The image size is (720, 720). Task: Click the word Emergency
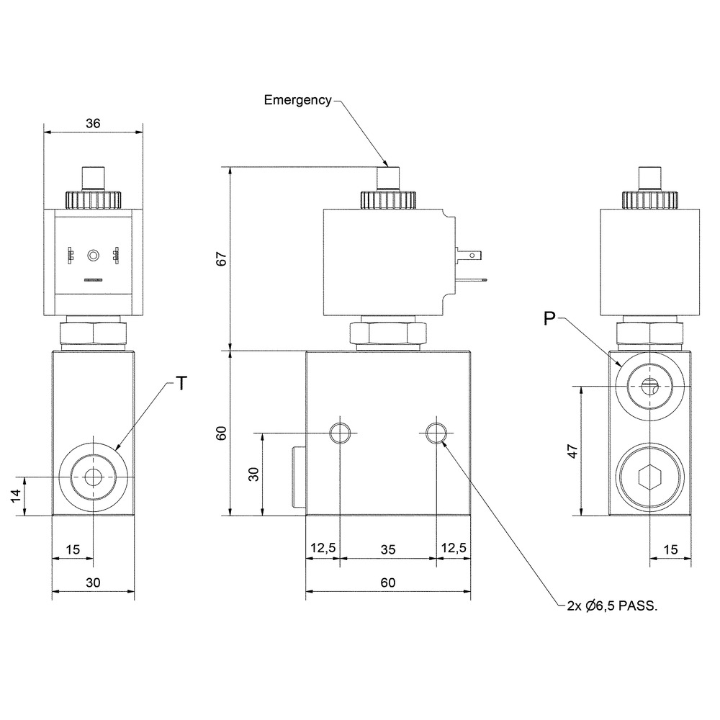coord(297,100)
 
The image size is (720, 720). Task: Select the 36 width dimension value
coord(93,123)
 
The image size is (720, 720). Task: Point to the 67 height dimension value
coord(222,259)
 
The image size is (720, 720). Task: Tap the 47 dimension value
coord(572,451)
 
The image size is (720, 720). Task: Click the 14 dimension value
coord(16,495)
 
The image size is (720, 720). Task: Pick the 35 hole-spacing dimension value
coord(388,549)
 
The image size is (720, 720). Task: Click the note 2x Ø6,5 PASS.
coord(612,606)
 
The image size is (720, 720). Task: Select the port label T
coord(182,383)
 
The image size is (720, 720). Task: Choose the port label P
coord(549,318)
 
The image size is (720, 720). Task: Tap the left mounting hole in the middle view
coord(340,433)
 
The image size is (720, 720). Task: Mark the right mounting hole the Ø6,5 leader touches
coord(436,433)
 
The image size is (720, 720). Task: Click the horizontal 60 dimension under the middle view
coord(388,582)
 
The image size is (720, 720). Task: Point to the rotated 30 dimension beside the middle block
coord(253,474)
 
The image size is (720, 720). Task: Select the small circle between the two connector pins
coord(93,255)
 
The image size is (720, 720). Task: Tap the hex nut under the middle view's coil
coord(388,333)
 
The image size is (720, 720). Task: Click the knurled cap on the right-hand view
coord(649,199)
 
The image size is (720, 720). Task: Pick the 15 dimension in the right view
coord(670,549)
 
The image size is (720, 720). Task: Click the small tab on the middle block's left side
coord(299,477)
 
